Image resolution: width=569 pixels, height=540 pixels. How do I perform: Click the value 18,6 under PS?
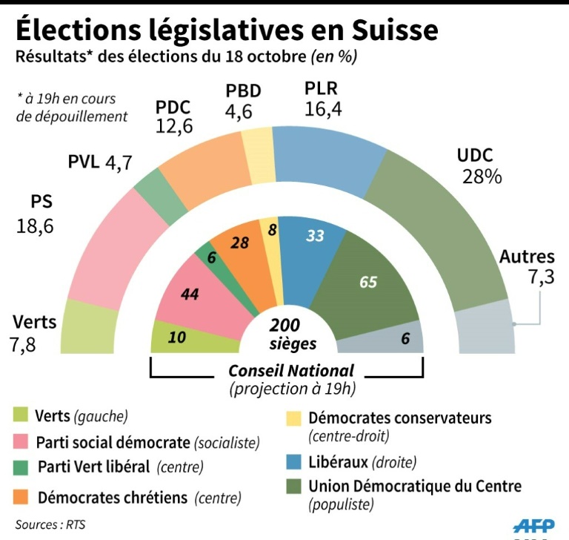36,226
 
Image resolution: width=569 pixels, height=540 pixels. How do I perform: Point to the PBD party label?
243,91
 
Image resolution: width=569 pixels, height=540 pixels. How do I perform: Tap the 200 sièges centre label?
284,335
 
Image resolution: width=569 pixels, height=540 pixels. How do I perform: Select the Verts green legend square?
21,416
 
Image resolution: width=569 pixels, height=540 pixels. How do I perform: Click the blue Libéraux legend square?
293,462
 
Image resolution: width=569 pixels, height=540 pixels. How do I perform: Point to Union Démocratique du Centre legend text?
415,487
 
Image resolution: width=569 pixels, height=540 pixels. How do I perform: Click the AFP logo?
533,526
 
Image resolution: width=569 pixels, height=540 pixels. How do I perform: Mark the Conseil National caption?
290,370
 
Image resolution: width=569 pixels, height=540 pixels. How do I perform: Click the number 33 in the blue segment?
315,236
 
